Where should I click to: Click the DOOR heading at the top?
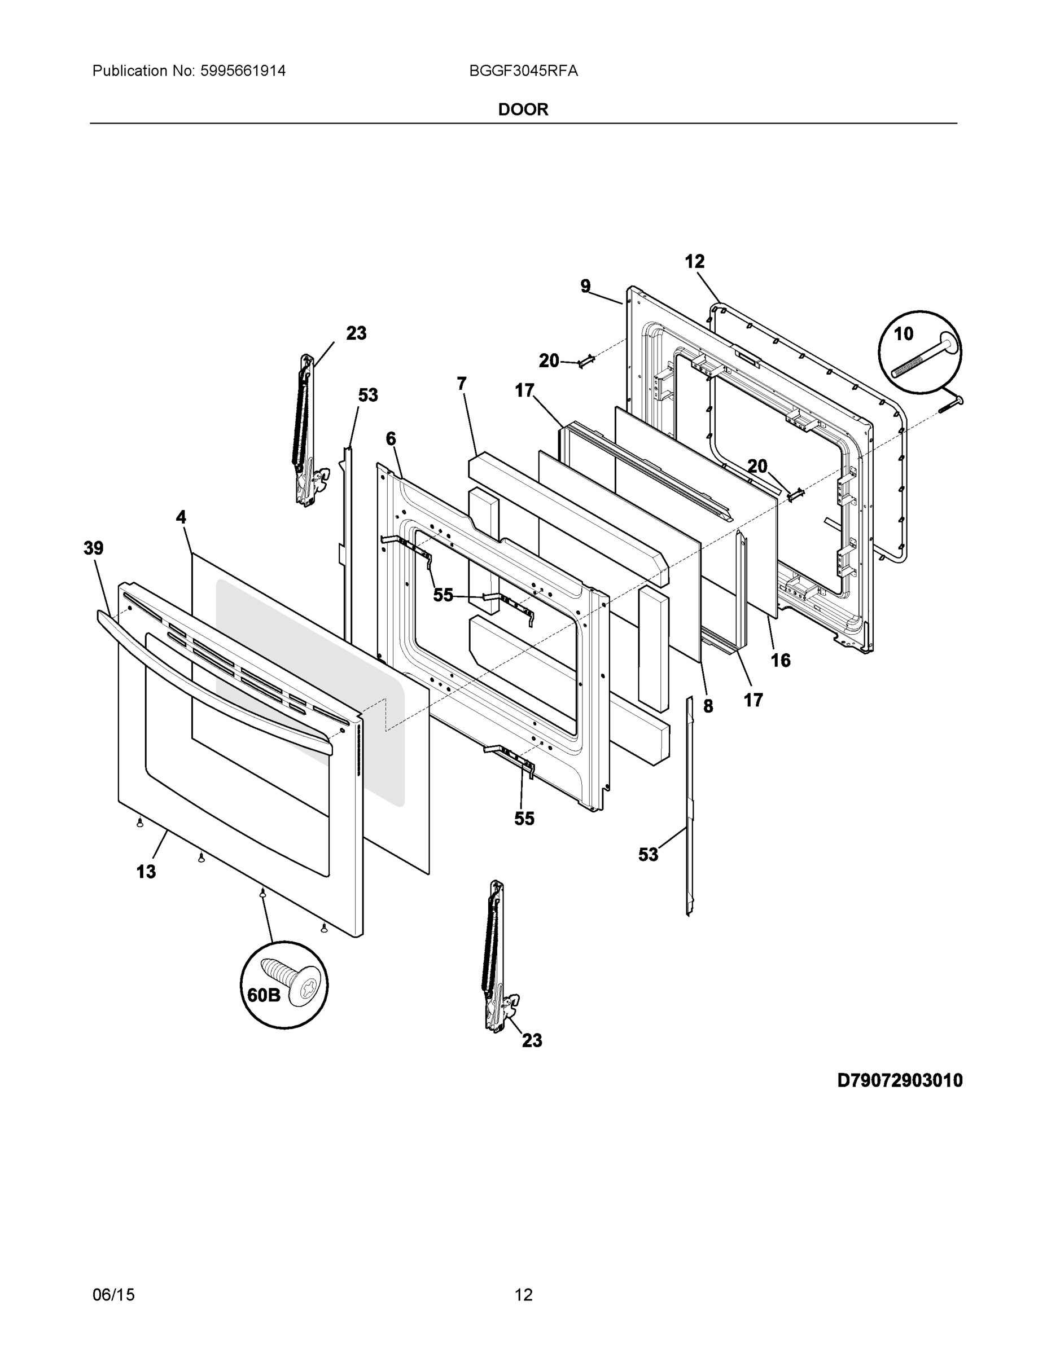click(x=523, y=110)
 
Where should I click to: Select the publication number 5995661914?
click(x=243, y=71)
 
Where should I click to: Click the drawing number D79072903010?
click(x=899, y=1080)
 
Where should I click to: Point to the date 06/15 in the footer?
click(x=113, y=1295)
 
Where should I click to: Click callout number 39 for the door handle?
click(x=94, y=548)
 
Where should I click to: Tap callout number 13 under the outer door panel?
click(x=146, y=872)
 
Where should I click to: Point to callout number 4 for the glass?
click(x=181, y=517)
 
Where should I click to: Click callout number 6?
click(x=391, y=439)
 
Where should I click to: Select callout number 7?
click(x=462, y=384)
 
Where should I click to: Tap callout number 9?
click(x=585, y=286)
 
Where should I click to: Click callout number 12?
click(x=695, y=262)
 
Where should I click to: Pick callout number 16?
click(x=780, y=660)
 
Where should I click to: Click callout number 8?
click(x=708, y=706)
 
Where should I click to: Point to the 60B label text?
click(x=264, y=995)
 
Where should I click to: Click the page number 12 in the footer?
click(x=524, y=1295)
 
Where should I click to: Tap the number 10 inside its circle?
click(x=903, y=334)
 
